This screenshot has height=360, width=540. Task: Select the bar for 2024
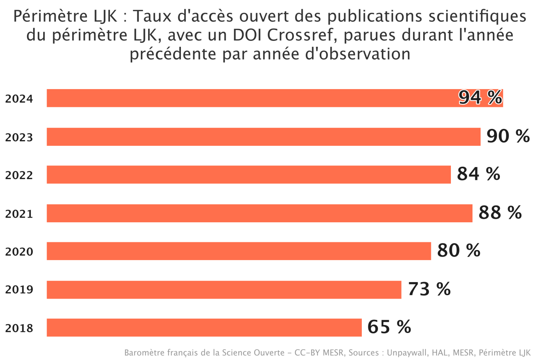251,98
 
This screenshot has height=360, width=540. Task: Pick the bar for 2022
249,174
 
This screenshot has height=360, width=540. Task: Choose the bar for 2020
239,251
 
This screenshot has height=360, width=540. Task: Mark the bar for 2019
224,289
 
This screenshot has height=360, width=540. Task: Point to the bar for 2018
204,327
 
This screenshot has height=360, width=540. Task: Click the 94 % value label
480,98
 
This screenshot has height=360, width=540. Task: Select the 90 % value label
508,136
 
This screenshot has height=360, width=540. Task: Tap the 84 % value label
478,174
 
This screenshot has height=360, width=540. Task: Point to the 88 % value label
500,213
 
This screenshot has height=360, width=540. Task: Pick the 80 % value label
459,250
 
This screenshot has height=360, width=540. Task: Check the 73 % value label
429,289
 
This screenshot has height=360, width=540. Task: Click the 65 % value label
389,327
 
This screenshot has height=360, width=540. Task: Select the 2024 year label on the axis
19,99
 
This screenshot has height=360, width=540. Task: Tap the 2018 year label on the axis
19,328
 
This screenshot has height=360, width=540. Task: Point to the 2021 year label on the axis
19,214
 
